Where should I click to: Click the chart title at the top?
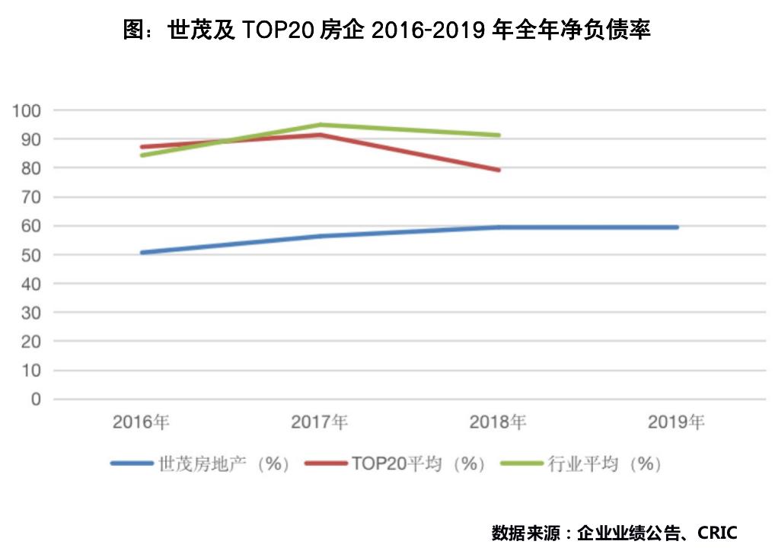(387, 30)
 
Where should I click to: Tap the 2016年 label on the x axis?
(142, 422)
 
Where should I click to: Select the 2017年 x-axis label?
(321, 422)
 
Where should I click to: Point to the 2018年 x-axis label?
(499, 422)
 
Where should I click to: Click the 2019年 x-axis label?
(676, 422)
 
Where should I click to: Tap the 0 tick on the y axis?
(36, 400)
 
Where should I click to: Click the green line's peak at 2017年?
(321, 125)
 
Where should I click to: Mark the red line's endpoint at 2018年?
(498, 170)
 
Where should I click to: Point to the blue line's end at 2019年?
(676, 227)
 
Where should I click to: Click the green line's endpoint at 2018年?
(498, 135)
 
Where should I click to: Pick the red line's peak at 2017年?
(321, 135)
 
